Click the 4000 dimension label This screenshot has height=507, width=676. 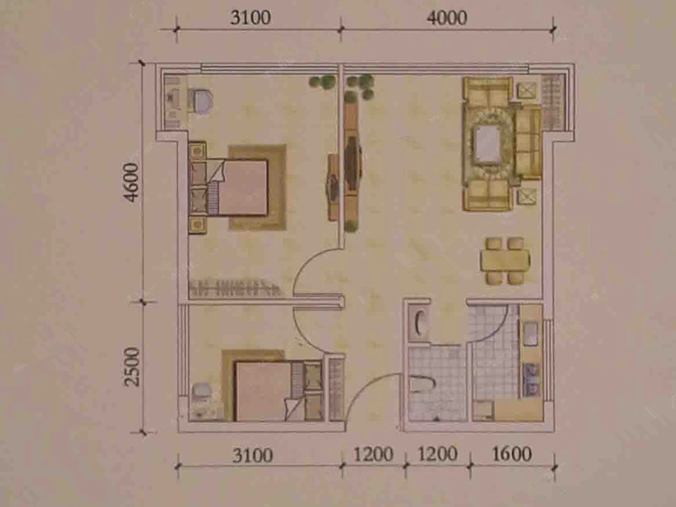point(447,18)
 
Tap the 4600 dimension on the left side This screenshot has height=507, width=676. point(132,182)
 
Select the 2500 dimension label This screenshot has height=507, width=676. point(132,367)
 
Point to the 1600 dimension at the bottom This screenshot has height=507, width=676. point(512,454)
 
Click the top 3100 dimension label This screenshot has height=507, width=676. point(250,18)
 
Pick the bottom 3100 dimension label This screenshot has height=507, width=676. point(253,455)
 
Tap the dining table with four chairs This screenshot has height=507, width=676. point(504,260)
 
